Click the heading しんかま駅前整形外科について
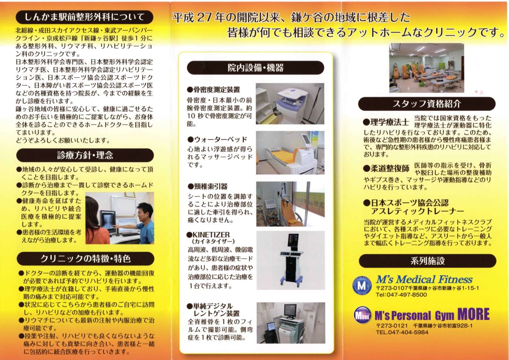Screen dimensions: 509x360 pyautogui.click(x=84, y=17)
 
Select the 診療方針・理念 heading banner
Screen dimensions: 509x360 pyautogui.click(x=85, y=155)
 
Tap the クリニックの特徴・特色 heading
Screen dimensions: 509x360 pyautogui.click(x=86, y=259)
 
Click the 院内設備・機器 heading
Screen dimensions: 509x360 pyautogui.click(x=255, y=68)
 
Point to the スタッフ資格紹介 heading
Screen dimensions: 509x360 pyautogui.click(x=427, y=104)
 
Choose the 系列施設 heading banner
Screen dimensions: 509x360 pyautogui.click(x=427, y=261)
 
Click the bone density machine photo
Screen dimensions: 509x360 pyautogui.click(x=290, y=104)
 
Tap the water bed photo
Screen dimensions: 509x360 pyautogui.click(x=290, y=153)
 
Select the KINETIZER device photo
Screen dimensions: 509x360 pyautogui.click(x=291, y=260)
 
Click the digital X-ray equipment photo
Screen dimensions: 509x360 pyautogui.click(x=291, y=323)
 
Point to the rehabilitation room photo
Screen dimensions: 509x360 pyautogui.click(x=426, y=68)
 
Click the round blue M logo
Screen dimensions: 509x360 pyautogui.click(x=362, y=286)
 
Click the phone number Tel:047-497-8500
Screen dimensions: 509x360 pyautogui.click(x=401, y=295)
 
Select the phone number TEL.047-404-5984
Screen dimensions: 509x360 pyautogui.click(x=402, y=332)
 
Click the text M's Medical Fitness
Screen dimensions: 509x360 pyautogui.click(x=424, y=279)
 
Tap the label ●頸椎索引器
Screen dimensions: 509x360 pyautogui.click(x=207, y=187)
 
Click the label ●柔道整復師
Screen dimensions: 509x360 pyautogui.click(x=386, y=168)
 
